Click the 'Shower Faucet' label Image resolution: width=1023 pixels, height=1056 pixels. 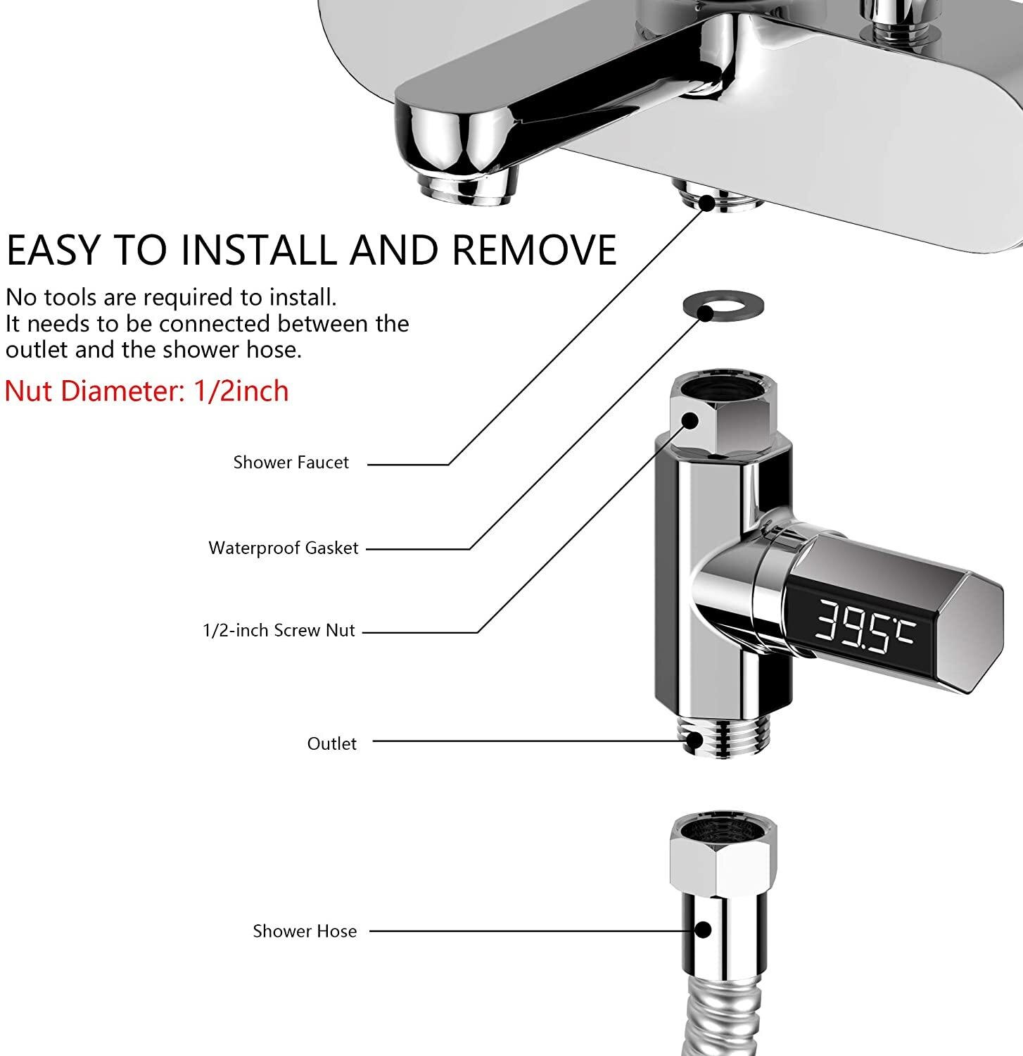point(291,463)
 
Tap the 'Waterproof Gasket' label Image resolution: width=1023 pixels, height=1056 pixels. point(284,548)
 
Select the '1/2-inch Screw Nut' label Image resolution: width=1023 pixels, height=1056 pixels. point(279,630)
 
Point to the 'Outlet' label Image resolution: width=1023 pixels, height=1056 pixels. point(331,743)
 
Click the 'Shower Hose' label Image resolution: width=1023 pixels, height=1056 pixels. point(305,931)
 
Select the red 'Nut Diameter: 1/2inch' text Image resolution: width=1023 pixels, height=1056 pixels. point(147,391)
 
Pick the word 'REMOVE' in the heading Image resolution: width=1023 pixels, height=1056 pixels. point(534,249)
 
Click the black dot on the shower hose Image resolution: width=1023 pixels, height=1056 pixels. point(702,929)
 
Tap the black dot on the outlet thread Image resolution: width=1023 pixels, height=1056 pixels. point(695,739)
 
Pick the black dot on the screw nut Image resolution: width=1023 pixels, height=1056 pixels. point(690,420)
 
